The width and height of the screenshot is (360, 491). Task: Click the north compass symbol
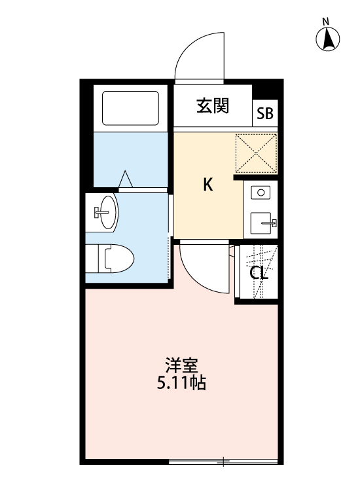[x=328, y=41]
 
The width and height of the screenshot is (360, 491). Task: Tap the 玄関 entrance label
[x=213, y=106]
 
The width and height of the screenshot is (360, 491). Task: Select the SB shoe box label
[x=265, y=113]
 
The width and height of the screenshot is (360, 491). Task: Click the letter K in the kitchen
[x=207, y=185]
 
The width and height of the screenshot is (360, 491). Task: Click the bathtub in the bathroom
[x=131, y=108]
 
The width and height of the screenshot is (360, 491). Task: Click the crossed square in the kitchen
[x=256, y=153]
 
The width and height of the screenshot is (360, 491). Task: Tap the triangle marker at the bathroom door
[x=126, y=178]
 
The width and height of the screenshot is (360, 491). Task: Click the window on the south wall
[x=223, y=462]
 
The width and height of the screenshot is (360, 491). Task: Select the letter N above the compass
[x=325, y=22]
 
